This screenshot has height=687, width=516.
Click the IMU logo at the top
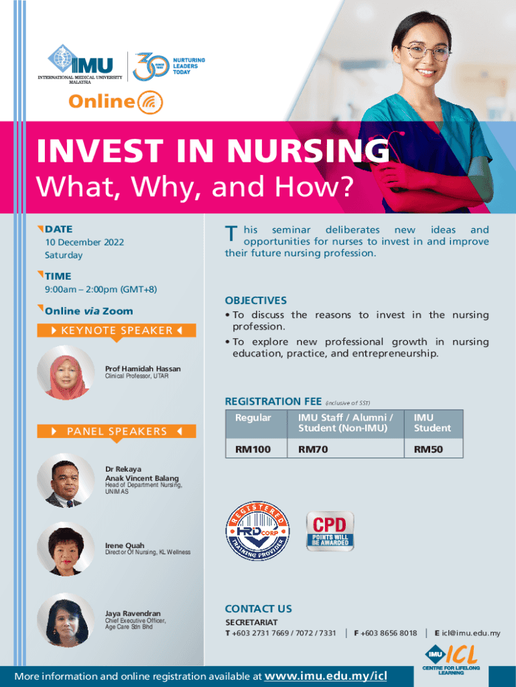click(x=80, y=64)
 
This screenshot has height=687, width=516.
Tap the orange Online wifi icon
click(x=150, y=102)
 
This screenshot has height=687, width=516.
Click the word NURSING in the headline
click(x=308, y=151)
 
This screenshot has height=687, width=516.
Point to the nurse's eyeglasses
click(x=427, y=52)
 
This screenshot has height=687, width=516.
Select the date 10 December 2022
click(x=84, y=242)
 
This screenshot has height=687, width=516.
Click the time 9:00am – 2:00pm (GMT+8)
click(x=101, y=289)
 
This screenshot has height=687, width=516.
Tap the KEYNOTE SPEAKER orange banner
click(x=117, y=330)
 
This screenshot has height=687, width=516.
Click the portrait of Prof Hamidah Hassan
click(x=66, y=372)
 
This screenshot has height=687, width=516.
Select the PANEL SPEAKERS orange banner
click(x=117, y=431)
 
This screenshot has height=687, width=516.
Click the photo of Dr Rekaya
click(x=66, y=480)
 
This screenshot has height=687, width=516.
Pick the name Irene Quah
click(x=124, y=545)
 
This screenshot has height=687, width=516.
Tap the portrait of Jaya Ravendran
click(x=66, y=620)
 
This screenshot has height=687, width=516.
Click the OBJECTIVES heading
click(x=255, y=301)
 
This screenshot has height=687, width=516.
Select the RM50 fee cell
click(x=434, y=449)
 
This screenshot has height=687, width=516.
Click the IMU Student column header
click(x=434, y=423)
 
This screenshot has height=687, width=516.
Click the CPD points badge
click(x=330, y=531)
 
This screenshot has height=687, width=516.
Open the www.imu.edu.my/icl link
click(x=326, y=676)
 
